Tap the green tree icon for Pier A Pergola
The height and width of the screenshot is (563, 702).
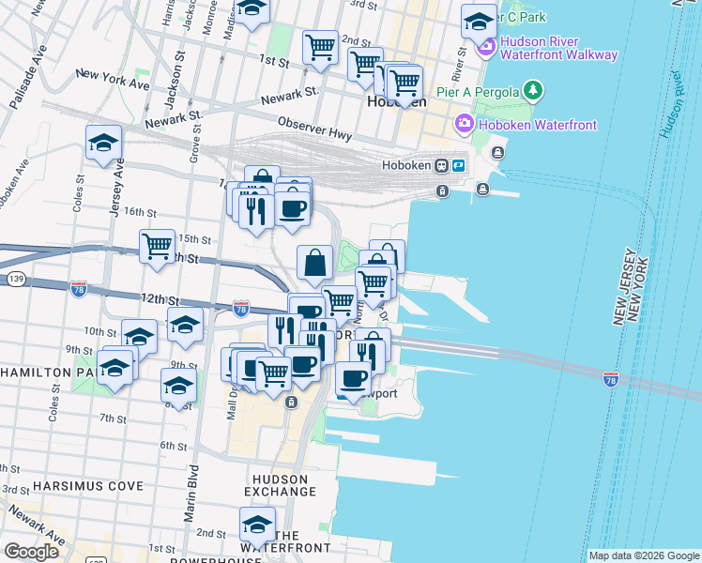click(x=534, y=90)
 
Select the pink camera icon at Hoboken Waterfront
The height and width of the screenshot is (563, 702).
click(x=464, y=124)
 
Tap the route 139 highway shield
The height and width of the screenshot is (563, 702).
click(x=15, y=280)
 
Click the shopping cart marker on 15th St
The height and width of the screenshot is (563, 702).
click(x=157, y=247)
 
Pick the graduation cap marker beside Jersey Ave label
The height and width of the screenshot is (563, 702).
click(x=103, y=143)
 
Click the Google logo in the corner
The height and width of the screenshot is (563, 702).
click(x=31, y=552)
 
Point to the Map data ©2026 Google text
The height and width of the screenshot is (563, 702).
click(x=643, y=555)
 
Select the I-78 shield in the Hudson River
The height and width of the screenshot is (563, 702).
click(x=612, y=379)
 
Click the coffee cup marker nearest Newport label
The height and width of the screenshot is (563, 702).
click(x=353, y=378)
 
